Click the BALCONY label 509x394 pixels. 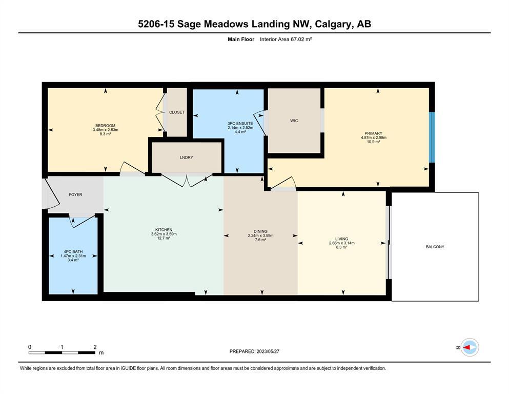435,247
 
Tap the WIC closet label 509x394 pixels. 294,121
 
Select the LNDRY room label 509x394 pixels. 187,157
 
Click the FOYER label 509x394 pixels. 76,194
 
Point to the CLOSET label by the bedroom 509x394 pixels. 177,112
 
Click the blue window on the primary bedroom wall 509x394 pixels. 432,137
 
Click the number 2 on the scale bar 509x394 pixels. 95,347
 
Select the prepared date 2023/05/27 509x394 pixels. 268,351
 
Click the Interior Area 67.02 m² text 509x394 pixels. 286,40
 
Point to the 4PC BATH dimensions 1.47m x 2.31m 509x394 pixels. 73,256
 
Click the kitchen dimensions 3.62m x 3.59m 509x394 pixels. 164,234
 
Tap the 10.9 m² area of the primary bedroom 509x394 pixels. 373,142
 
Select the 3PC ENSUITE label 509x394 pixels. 240,124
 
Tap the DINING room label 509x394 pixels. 260,231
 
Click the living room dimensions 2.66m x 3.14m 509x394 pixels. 342,243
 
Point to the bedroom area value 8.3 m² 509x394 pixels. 106,134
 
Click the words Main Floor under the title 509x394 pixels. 241,40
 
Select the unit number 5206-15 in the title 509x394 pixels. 156,24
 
